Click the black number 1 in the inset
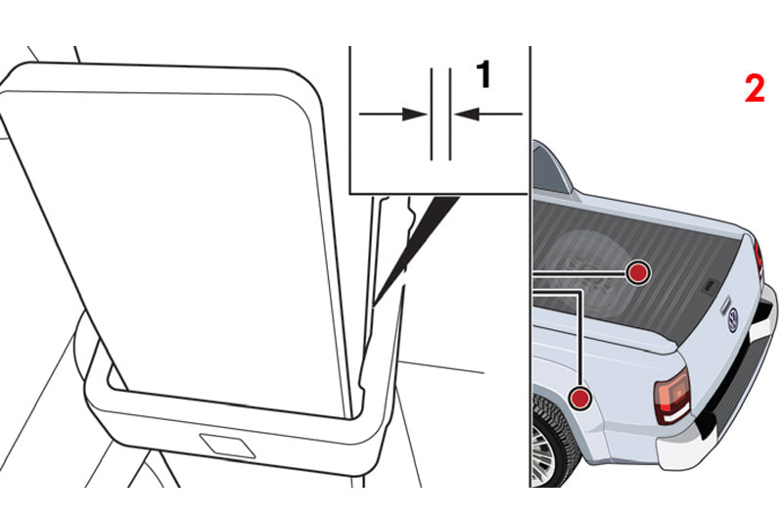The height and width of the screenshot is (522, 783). coord(484,74)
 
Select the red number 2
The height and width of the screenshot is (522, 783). coord(755,88)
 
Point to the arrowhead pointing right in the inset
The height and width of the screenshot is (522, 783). coord(414,115)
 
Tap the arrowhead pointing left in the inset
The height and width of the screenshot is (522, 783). coord(467,115)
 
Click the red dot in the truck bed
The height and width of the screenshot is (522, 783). coord(638,272)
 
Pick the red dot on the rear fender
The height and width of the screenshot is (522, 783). coord(579,399)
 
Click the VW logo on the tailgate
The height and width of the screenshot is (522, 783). coord(732,319)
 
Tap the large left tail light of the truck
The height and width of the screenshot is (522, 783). coord(672,397)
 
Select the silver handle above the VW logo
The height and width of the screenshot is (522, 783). coord(723,306)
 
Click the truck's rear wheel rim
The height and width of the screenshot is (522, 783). coord(541,453)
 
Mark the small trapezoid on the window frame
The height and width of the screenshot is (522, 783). coord(227,445)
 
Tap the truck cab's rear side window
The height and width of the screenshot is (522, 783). coord(547,169)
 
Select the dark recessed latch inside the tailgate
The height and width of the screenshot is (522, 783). coord(710,287)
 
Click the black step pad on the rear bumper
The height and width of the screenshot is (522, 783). coord(734,385)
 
